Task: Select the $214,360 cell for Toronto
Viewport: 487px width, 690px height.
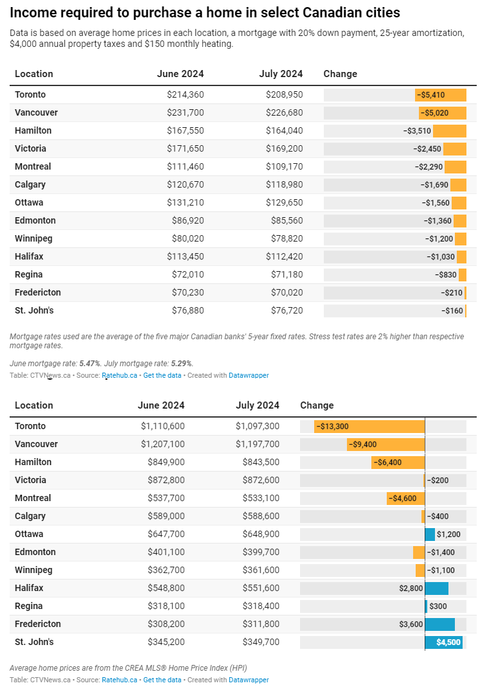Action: click(185, 94)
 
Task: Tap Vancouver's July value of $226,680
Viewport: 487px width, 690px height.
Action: click(284, 112)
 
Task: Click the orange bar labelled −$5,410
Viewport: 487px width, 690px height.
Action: click(440, 95)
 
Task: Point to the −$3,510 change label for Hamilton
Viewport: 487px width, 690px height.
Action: click(417, 130)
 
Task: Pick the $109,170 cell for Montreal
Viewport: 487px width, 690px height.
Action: click(284, 167)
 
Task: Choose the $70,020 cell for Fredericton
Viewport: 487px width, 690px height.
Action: click(287, 292)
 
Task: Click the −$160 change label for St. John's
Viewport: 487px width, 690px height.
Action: click(452, 311)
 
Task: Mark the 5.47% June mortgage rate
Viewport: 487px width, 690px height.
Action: click(90, 364)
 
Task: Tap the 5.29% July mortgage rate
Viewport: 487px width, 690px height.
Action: click(181, 364)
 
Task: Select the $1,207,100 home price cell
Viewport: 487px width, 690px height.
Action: click(163, 444)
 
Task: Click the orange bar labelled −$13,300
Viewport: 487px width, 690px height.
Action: click(369, 427)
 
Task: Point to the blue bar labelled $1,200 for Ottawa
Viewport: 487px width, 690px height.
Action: click(430, 535)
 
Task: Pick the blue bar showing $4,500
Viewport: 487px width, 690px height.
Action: click(443, 642)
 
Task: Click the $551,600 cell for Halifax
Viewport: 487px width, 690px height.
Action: click(261, 588)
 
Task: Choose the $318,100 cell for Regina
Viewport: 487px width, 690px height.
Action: click(166, 606)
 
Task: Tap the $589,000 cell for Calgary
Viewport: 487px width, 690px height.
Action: click(166, 516)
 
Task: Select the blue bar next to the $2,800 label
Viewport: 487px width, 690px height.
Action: click(436, 588)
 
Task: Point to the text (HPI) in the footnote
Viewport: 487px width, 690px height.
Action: click(237, 668)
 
